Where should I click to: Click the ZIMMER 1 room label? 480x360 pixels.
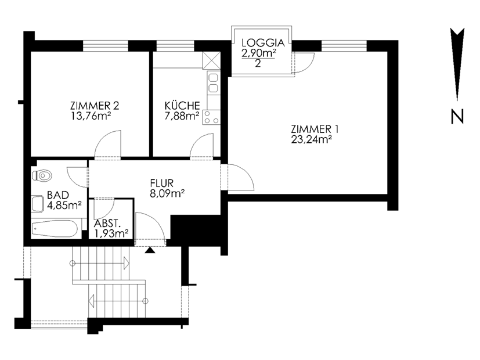click(x=315, y=129)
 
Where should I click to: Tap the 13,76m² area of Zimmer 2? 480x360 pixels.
click(x=91, y=116)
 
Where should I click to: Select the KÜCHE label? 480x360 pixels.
click(x=182, y=106)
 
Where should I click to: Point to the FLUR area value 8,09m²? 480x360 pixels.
click(x=167, y=193)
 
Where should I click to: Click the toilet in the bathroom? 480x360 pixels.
click(x=42, y=176)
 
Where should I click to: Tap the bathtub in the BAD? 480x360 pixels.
click(x=55, y=229)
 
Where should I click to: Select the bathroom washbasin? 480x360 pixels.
click(x=37, y=203)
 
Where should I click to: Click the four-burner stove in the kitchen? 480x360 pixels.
click(x=211, y=117)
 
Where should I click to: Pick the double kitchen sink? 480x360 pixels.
click(x=213, y=83)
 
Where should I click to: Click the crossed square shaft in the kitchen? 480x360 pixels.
click(x=211, y=60)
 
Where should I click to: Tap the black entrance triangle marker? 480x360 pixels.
click(x=150, y=250)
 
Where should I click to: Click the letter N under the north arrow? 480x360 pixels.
click(x=457, y=117)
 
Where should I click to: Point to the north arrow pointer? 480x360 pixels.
click(x=457, y=64)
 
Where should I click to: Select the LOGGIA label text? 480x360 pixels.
click(x=263, y=42)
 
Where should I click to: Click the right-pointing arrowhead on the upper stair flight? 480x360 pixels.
click(x=126, y=263)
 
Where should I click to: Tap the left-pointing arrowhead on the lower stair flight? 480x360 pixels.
click(x=92, y=301)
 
